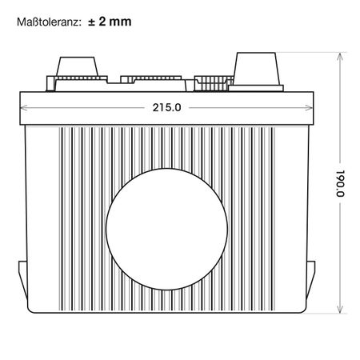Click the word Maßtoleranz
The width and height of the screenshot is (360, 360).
[x=49, y=22]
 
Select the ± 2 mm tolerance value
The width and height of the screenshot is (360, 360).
[x=110, y=22]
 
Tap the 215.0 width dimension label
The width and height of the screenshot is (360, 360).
[x=166, y=107]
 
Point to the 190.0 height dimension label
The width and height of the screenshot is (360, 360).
[x=340, y=183]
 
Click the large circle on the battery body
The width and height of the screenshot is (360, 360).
[x=166, y=229]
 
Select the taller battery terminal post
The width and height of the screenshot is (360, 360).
[x=256, y=69]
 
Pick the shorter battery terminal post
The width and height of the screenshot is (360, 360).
[x=77, y=66]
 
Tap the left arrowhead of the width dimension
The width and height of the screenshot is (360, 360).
[x=23, y=108]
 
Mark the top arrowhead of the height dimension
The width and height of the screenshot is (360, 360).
[x=340, y=57]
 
